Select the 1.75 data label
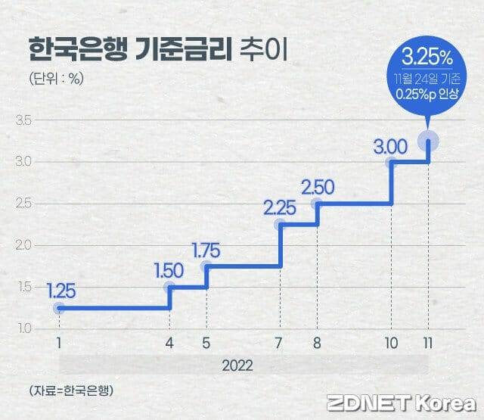point(206,250)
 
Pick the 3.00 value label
point(391,145)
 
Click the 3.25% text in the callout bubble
point(428,58)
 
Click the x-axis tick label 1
point(59,342)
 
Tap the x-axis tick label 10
point(391,342)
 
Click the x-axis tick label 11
point(429,342)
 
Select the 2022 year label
point(238,365)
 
